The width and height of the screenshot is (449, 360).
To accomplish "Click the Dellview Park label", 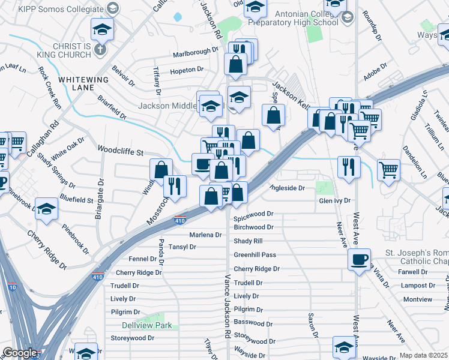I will pos(147,326).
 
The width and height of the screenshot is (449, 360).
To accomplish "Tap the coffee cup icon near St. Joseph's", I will pos(359,260).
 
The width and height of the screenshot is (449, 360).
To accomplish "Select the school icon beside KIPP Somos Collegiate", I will pos(111,8).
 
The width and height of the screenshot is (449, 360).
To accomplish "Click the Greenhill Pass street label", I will pos(255,255).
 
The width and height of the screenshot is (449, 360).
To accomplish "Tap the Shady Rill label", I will pos(248,241).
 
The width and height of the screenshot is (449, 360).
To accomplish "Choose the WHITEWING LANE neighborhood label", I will pos(83,83).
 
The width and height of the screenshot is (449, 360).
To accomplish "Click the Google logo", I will pos(20,353).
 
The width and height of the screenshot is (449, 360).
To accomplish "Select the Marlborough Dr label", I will pos(195,51).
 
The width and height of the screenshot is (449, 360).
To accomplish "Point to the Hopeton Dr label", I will pos(187,70).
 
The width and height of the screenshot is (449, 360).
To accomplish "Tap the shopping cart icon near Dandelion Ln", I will pos(389,170).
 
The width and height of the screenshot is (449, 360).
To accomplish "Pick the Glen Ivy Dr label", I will pos(334,201).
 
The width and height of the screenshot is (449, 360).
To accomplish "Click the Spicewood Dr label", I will pos(253,214).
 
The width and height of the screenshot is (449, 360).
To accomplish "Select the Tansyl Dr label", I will pos(182,247).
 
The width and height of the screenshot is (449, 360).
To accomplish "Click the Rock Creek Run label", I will pos(50,86).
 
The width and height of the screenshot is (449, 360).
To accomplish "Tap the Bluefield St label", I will pos(77,200).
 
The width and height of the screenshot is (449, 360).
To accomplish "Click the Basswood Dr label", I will pos(253,323).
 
